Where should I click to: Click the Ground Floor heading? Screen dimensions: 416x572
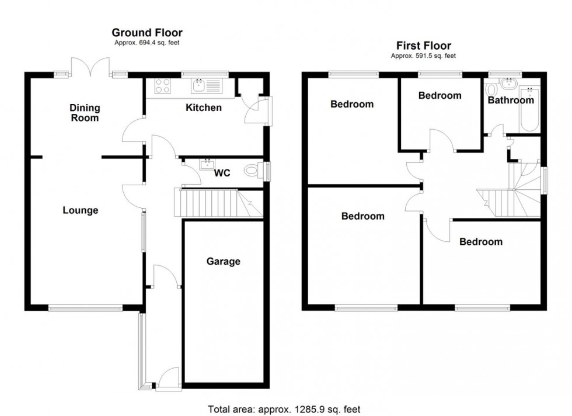click(147, 33)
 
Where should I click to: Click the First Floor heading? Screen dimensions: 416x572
click(423, 46)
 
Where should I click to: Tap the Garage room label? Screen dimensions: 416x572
click(223, 261)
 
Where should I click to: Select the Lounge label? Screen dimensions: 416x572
click(81, 210)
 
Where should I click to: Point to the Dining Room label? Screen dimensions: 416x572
click(85, 113)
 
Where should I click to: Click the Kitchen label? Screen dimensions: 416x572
click(204, 108)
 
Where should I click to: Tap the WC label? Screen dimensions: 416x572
click(222, 173)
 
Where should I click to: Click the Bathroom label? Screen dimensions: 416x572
click(511, 100)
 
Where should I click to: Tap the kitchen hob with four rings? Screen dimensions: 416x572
click(163, 86)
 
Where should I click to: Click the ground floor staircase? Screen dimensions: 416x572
click(213, 202)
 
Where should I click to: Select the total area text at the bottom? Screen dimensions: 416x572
click(285, 409)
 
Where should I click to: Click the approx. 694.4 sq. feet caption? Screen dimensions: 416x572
click(147, 43)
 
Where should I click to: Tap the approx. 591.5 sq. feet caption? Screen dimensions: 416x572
click(423, 56)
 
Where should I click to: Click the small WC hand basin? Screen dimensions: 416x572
click(206, 164)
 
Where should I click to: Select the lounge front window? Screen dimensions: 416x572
click(85, 308)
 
